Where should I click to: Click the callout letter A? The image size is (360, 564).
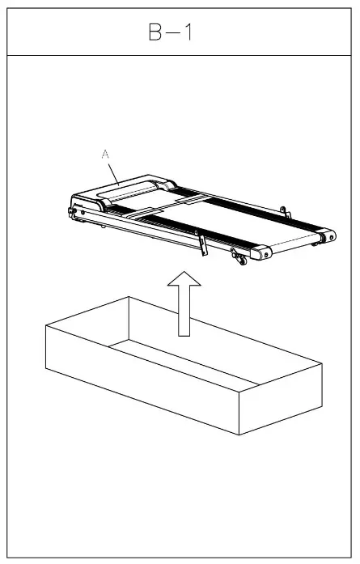(104, 151)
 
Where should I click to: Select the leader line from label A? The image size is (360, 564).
(114, 168)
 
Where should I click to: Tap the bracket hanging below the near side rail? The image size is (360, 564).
(201, 244)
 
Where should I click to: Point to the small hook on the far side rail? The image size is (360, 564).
(283, 212)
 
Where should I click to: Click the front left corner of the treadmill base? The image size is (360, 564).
(75, 212)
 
